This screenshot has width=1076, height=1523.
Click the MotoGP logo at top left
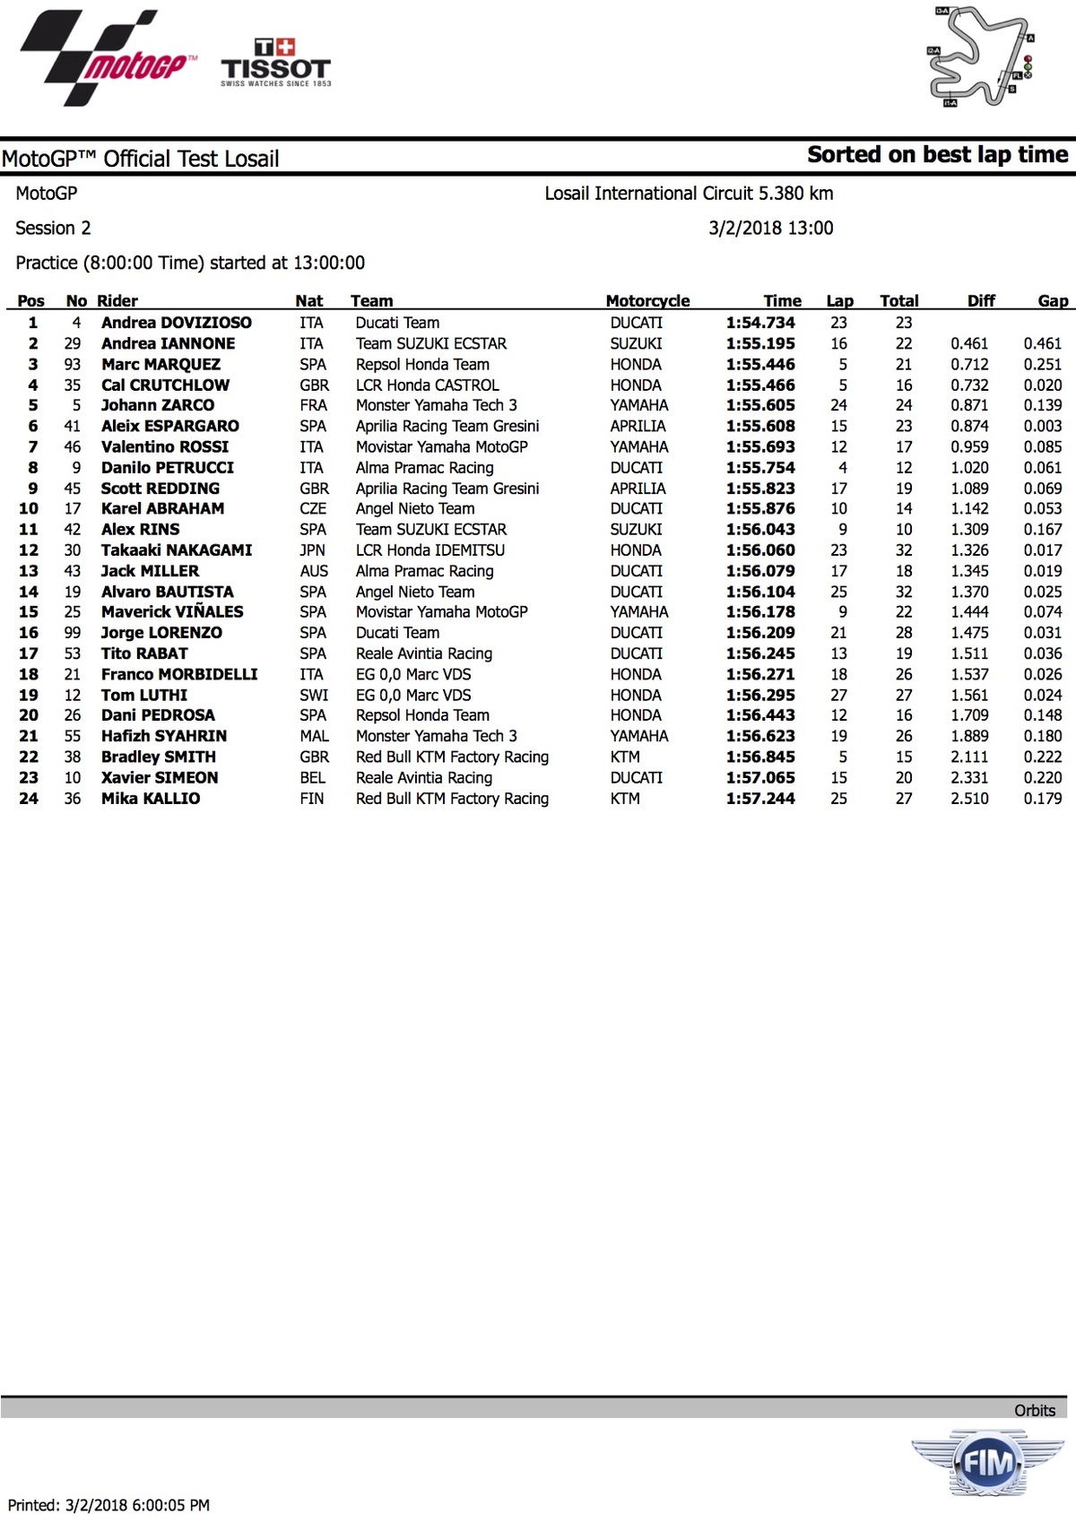pyautogui.click(x=106, y=58)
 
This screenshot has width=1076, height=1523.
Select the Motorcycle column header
pyautogui.click(x=647, y=301)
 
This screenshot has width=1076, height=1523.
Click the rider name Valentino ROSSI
pyautogui.click(x=165, y=446)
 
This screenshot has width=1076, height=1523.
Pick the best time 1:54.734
pyautogui.click(x=760, y=323)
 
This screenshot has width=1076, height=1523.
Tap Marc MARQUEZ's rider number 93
pyautogui.click(x=73, y=364)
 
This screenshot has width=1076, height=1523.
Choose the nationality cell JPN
pyautogui.click(x=313, y=550)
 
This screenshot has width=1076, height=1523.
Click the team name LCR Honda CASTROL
pyautogui.click(x=427, y=385)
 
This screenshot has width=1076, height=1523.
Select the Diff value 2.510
pyautogui.click(x=969, y=799)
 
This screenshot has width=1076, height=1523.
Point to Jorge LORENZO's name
pyautogui.click(x=161, y=633)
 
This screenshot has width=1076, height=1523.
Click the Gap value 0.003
pyautogui.click(x=1042, y=426)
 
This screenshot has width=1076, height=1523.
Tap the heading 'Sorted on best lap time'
pyautogui.click(x=937, y=155)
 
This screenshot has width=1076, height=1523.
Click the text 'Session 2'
pyautogui.click(x=53, y=228)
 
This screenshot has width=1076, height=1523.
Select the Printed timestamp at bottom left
pyautogui.click(x=108, y=1505)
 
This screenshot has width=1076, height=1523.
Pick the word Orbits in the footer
pyautogui.click(x=1035, y=1410)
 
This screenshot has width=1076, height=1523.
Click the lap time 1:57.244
pyautogui.click(x=760, y=799)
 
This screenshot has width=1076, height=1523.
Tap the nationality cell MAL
pyautogui.click(x=314, y=736)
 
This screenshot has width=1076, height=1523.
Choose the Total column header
pyautogui.click(x=898, y=301)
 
